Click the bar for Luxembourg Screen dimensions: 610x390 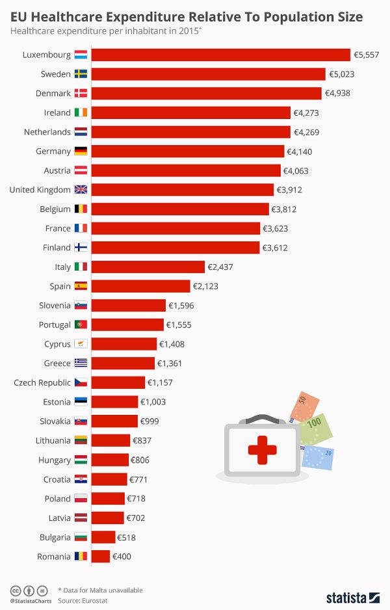(220, 55)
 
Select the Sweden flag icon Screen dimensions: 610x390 (81, 74)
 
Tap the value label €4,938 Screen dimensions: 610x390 (337, 93)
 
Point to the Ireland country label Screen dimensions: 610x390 (57, 113)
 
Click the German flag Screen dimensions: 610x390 (81, 151)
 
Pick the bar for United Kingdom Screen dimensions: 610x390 (182, 189)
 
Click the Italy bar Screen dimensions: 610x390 (148, 267)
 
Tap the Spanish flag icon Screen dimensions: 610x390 (81, 286)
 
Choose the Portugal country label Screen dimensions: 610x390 (55, 325)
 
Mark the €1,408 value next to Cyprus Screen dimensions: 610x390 (173, 344)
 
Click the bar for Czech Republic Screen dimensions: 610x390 (118, 382)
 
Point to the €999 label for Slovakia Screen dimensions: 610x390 (149, 421)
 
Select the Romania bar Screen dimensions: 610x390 (101, 556)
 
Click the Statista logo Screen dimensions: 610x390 (352, 596)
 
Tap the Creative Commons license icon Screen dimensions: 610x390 (14, 590)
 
